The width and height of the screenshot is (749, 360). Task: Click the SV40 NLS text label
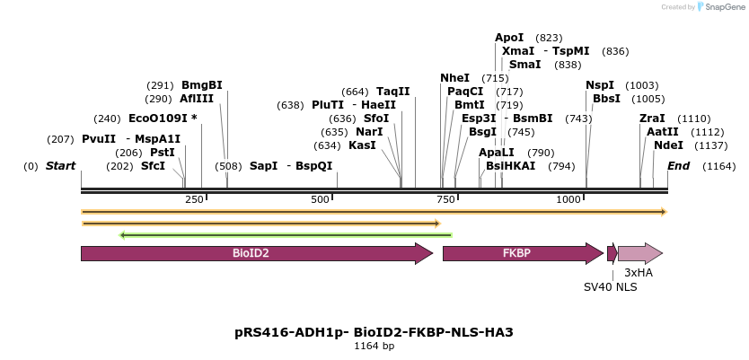(610, 287)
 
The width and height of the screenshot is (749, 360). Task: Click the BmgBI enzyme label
(202, 85)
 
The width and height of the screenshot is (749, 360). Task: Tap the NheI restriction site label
(455, 78)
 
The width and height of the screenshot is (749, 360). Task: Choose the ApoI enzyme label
(509, 38)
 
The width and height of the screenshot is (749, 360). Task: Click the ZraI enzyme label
(652, 118)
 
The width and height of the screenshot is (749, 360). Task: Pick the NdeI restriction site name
(668, 145)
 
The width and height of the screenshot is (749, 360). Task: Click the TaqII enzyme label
(392, 91)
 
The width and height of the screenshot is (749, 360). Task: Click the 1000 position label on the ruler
(569, 199)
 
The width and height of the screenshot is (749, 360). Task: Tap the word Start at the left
(60, 166)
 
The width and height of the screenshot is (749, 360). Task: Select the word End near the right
(678, 166)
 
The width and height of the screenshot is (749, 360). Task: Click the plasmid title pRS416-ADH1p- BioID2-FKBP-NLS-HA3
(374, 332)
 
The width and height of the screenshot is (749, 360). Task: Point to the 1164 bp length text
(374, 347)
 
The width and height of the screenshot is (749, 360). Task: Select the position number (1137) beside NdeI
(712, 145)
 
